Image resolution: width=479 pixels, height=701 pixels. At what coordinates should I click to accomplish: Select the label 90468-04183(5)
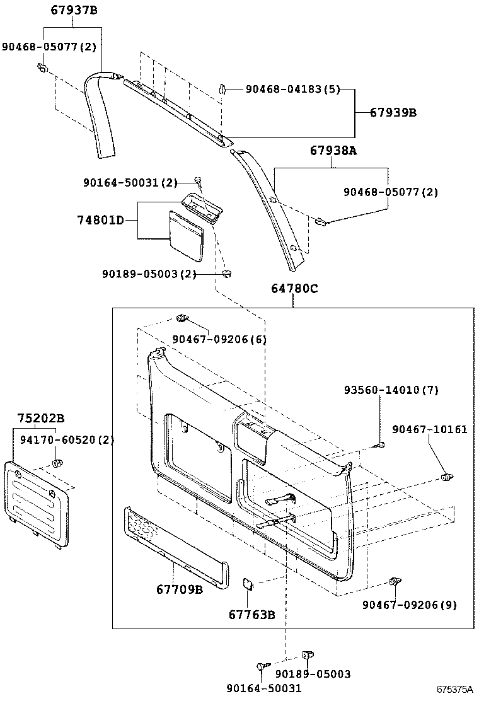(292, 90)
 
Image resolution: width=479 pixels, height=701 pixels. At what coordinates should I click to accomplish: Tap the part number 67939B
(393, 113)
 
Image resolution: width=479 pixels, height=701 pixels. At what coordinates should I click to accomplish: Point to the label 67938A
(333, 151)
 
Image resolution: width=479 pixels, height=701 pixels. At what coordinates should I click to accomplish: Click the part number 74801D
(100, 220)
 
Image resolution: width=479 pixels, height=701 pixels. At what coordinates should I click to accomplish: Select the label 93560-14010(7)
(391, 390)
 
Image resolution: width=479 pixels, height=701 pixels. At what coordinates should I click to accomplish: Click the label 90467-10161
(429, 429)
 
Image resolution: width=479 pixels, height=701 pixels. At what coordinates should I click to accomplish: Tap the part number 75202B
(40, 418)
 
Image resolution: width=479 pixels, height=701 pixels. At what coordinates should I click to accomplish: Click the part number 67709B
(180, 590)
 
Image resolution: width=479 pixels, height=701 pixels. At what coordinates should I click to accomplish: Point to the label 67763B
(251, 615)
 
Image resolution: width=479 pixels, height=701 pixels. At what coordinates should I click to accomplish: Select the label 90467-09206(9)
(409, 605)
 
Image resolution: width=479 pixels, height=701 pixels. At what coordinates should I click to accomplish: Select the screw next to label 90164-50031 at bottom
(262, 666)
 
